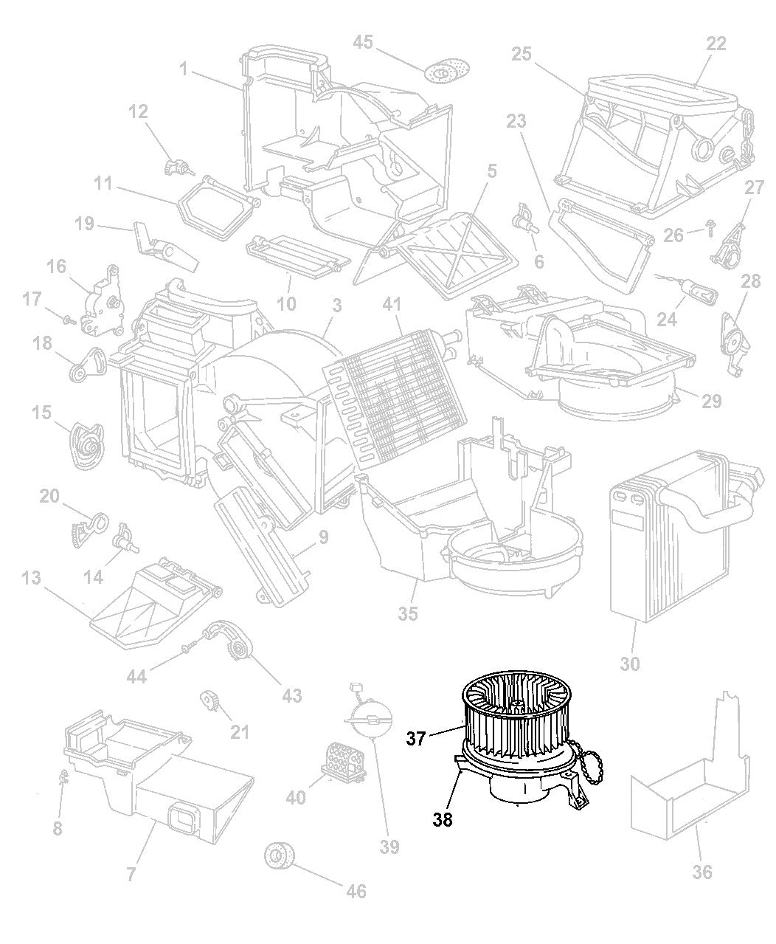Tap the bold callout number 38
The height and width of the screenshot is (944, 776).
[x=443, y=819]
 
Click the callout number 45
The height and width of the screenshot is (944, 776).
[x=363, y=43]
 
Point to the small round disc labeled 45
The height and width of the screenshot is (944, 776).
[x=443, y=72]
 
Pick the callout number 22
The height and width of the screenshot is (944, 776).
[x=716, y=44]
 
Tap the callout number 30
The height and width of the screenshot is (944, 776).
[x=629, y=664]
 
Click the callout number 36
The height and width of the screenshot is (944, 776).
[x=702, y=872]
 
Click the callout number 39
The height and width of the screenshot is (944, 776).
[x=389, y=847]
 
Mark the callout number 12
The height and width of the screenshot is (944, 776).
[x=138, y=111]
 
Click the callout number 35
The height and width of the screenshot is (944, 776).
[x=409, y=613]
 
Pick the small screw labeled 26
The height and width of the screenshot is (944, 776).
[x=710, y=231]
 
